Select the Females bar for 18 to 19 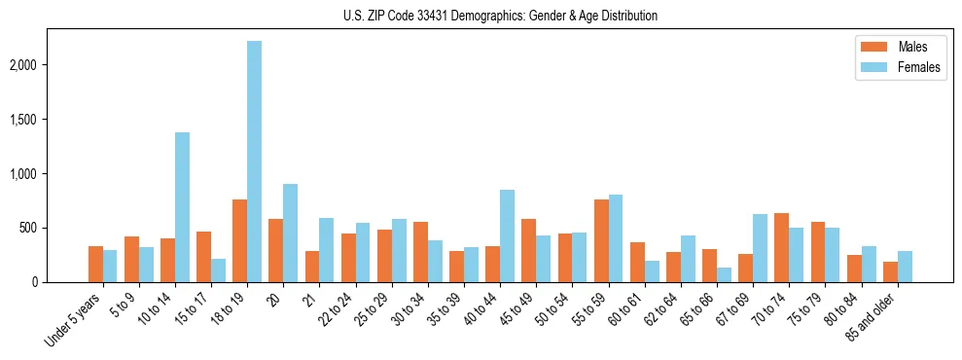254,162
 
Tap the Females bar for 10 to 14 182,207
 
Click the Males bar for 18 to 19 239,240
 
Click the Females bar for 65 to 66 725,274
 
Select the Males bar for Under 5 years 95,264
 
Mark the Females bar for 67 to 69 761,248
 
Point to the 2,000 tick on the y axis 51,65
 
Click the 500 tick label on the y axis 56,228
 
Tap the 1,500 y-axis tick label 51,120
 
